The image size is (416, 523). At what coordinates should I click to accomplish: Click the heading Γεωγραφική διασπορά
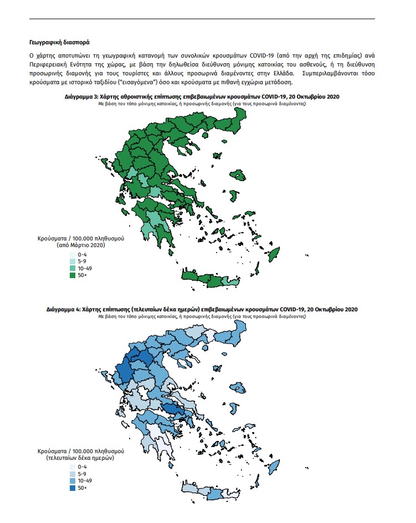pos(59,42)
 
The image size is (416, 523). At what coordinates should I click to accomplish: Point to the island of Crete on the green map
pos(210,279)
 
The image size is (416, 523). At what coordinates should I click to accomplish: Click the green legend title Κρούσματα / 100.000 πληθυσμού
pos(80,238)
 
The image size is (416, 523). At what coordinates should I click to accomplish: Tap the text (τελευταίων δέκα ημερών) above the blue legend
pos(80,458)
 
